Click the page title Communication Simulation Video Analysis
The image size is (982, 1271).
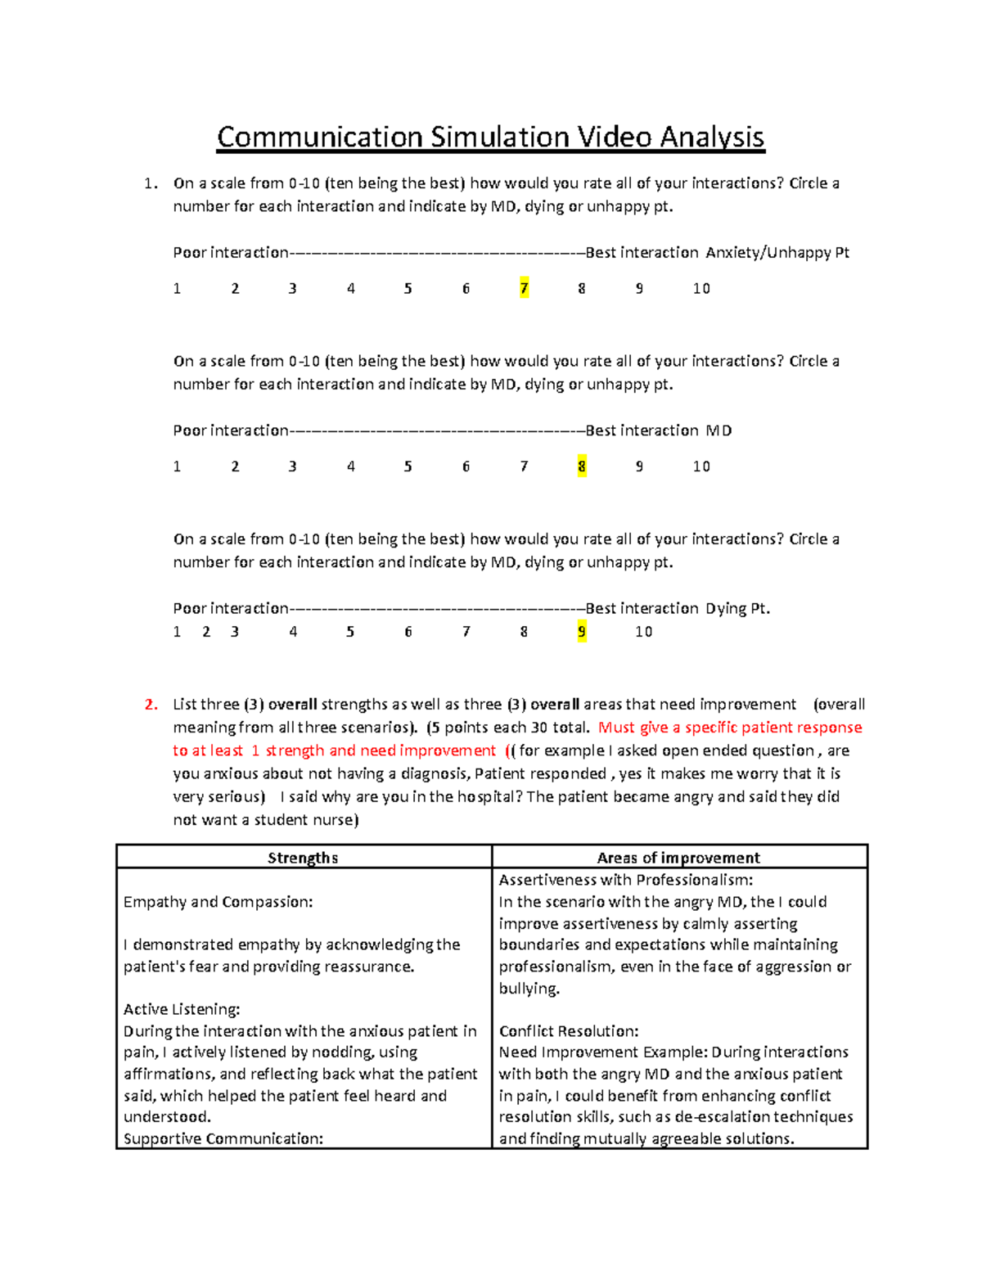[490, 137]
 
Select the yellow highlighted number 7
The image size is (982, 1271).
[524, 288]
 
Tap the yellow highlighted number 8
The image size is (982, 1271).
[582, 466]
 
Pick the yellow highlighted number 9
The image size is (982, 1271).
[582, 632]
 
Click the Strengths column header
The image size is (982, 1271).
[303, 858]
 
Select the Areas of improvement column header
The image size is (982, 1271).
[678, 858]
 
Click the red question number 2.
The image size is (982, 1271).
[151, 705]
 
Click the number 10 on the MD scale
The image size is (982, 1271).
[701, 466]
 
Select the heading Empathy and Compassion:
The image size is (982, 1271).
[218, 902]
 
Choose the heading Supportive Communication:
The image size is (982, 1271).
[223, 1138]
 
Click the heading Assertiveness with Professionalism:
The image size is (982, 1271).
[626, 880]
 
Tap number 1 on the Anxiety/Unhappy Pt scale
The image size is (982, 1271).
[177, 288]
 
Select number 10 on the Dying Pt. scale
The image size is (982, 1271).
[644, 632]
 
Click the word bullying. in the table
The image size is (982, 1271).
[529, 989]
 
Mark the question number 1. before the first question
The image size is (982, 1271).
[151, 183]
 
